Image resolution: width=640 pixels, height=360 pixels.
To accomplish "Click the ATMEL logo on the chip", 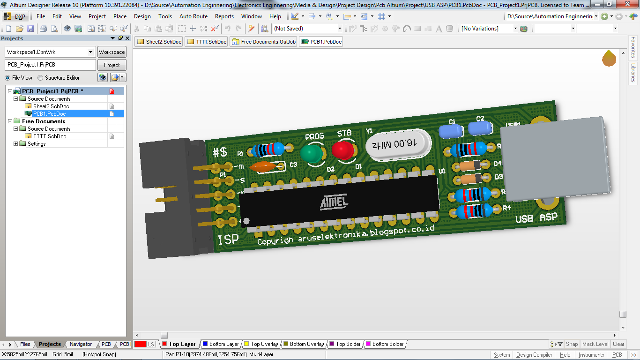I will (x=334, y=202).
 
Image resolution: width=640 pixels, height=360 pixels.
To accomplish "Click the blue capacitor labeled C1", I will (x=451, y=131).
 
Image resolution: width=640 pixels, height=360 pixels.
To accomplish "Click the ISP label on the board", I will (x=228, y=239).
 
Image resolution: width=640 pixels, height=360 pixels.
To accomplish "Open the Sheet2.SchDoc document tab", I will (x=159, y=42).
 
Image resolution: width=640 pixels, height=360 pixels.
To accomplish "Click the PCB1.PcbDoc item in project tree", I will (x=49, y=114).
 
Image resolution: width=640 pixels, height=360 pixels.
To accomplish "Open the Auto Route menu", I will (x=193, y=16).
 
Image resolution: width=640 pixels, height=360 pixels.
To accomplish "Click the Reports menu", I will (x=224, y=16).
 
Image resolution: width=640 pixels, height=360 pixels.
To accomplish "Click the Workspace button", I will (x=112, y=52).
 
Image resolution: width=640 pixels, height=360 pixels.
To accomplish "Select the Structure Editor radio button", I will (x=40, y=78).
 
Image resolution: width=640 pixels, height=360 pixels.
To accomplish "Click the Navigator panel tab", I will (x=81, y=344).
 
